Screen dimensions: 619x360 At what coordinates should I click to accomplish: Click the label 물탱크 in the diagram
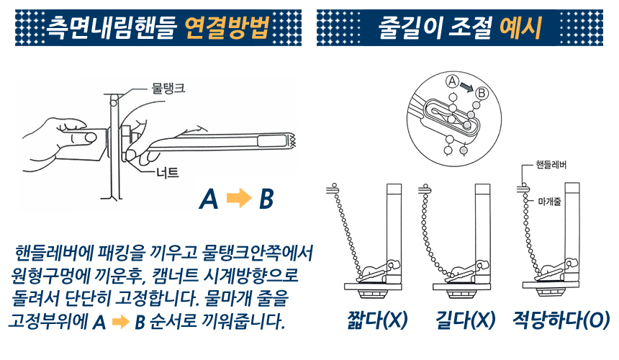coord(168,88)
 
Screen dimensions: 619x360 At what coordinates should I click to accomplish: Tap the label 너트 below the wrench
coord(168,173)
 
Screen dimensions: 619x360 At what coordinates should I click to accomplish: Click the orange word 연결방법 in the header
coord(227,27)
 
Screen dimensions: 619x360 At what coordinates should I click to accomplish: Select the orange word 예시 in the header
coord(520,27)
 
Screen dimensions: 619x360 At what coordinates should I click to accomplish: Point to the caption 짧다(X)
coord(377,320)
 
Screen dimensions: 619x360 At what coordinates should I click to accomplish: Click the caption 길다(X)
coord(466,320)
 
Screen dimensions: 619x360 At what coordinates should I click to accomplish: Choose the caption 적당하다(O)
coord(561,320)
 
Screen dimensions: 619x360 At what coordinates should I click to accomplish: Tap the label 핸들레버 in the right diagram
coord(551,165)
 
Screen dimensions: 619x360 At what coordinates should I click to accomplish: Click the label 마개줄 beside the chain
coord(549,202)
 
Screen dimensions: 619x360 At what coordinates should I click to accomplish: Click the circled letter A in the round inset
coord(452,81)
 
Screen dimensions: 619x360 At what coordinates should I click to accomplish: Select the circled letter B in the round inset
coord(482,94)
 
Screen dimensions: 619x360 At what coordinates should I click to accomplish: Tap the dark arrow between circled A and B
coord(466,87)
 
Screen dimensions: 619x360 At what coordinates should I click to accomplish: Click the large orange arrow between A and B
coord(239,198)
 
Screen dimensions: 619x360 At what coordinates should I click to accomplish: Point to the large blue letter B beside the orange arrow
coord(266,199)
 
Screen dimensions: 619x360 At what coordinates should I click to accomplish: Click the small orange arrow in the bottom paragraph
coord(121,322)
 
